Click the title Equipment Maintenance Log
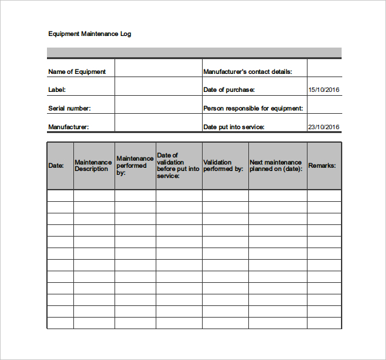click(x=89, y=33)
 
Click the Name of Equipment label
click(x=77, y=72)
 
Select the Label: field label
click(x=57, y=90)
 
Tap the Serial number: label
click(x=69, y=109)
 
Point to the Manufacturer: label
click(x=68, y=127)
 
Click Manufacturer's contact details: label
click(x=248, y=72)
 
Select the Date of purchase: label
click(x=229, y=90)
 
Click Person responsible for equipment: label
click(x=253, y=109)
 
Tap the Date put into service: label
click(x=234, y=127)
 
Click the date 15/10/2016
click(x=324, y=90)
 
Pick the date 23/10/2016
click(x=324, y=127)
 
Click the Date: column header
click(x=56, y=166)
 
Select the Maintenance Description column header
click(x=93, y=166)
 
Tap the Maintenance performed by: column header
click(x=134, y=166)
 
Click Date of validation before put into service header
click(x=178, y=166)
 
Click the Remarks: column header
click(x=322, y=166)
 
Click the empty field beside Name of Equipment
click(x=158, y=69)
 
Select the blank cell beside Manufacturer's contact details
click(x=324, y=69)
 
